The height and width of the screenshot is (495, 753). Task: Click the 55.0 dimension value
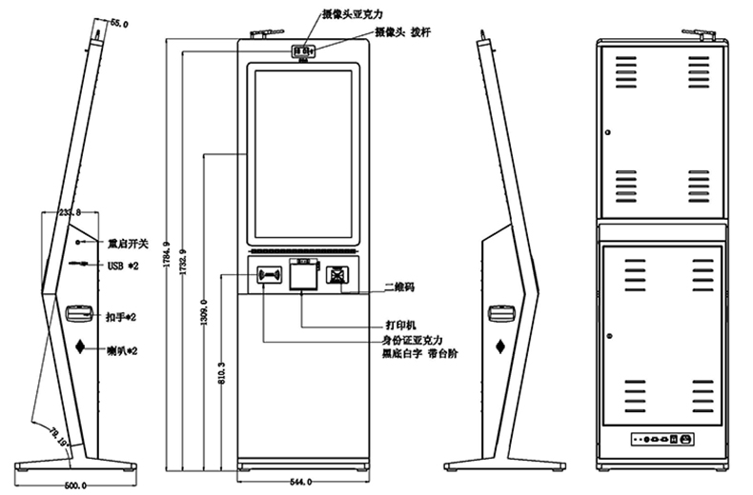[119, 21]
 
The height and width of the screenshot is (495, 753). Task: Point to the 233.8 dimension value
[71, 212]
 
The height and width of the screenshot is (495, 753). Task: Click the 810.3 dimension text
[222, 373]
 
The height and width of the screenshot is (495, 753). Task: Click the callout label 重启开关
[128, 242]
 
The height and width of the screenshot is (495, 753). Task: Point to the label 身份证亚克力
[410, 338]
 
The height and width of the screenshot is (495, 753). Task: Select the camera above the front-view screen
[303, 50]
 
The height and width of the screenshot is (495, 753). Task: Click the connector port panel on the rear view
[661, 439]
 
